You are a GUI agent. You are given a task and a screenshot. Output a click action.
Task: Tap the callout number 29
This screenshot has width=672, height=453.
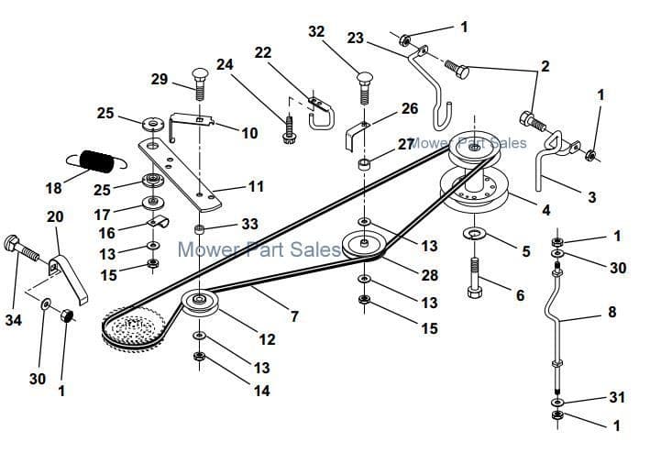(x=159, y=81)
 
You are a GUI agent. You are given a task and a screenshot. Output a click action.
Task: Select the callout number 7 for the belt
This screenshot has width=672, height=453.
(x=294, y=317)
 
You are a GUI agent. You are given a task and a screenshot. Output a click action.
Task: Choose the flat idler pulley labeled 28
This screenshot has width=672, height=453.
(x=365, y=245)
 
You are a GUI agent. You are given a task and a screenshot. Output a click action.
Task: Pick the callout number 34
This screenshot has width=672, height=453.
(x=12, y=321)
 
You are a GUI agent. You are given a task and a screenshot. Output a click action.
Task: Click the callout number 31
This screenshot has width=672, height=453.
(x=616, y=397)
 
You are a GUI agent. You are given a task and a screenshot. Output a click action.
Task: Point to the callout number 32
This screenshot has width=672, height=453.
(x=316, y=31)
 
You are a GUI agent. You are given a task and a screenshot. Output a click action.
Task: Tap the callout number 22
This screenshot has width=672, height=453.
(x=262, y=52)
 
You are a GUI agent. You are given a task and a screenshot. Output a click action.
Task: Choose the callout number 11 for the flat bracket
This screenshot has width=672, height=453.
(x=256, y=186)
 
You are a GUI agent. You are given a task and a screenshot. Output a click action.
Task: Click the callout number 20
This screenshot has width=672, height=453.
(x=55, y=216)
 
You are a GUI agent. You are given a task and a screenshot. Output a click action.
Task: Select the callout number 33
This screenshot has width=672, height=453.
(x=250, y=224)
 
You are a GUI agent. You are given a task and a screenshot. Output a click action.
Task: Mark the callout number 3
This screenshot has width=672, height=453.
(x=591, y=197)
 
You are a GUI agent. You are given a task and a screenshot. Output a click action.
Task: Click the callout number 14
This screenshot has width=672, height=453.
(x=262, y=391)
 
